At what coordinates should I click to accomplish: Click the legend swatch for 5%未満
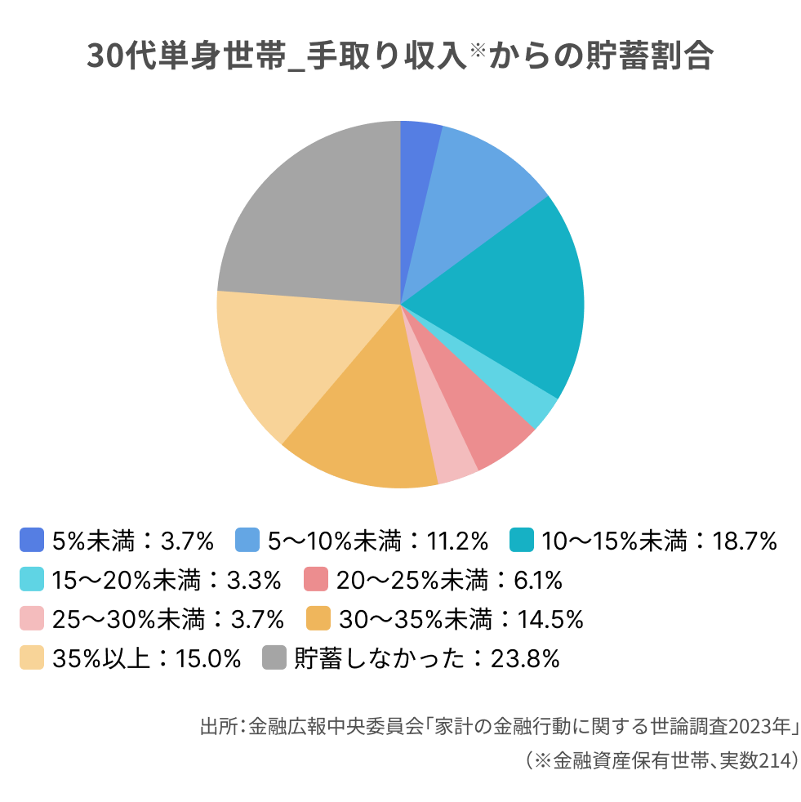[x=31, y=540]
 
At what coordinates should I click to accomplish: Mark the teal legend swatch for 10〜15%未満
[x=522, y=540]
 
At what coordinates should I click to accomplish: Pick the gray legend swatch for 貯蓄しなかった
[x=274, y=658]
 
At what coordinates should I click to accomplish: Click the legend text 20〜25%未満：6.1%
[x=449, y=580]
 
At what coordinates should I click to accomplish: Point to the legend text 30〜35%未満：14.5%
[x=461, y=619]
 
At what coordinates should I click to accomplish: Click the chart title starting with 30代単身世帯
[x=400, y=57]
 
